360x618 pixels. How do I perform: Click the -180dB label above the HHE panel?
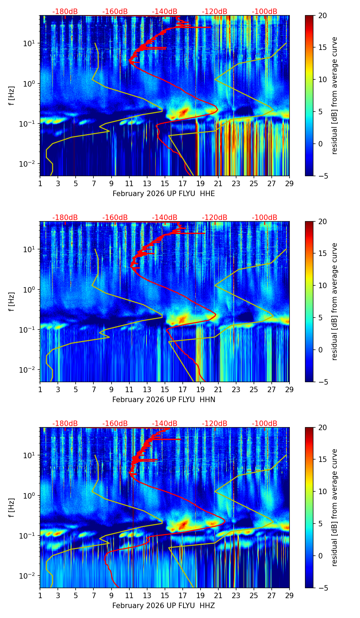click(65, 12)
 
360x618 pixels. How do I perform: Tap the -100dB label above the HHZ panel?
click(265, 424)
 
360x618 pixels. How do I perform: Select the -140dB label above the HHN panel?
click(165, 218)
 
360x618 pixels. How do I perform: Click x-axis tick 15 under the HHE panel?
click(165, 183)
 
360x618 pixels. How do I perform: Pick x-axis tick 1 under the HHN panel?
click(40, 389)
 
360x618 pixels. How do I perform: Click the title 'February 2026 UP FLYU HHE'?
click(164, 194)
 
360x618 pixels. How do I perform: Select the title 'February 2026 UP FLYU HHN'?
click(164, 400)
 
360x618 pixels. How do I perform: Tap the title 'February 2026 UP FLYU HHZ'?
click(164, 606)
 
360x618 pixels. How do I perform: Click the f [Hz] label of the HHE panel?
click(12, 96)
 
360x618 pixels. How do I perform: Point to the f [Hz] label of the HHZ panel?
click(12, 508)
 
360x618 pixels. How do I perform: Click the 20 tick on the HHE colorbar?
click(323, 15)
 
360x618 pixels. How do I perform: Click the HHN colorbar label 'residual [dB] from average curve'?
click(335, 301)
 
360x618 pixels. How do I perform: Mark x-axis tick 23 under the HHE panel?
click(236, 183)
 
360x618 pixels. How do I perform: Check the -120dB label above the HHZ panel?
click(215, 424)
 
